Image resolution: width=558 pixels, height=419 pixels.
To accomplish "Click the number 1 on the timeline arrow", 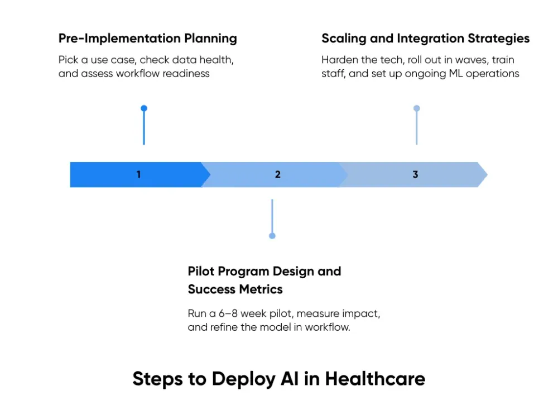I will [138, 174].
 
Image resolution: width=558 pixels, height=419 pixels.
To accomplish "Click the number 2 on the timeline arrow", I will [278, 174].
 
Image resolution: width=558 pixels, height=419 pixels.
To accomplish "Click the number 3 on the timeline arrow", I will [415, 174].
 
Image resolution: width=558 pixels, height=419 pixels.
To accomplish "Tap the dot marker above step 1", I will [144, 108].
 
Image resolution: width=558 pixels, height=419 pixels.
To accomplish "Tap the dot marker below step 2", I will [272, 236].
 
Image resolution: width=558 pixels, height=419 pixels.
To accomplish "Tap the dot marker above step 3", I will [416, 108].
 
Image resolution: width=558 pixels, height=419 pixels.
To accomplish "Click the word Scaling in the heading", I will [342, 39].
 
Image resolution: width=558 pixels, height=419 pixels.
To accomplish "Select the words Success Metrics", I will [235, 289].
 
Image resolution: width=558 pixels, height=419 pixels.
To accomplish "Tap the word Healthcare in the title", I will [375, 379].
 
